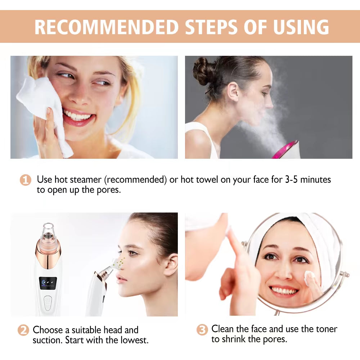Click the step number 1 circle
pyautogui.click(x=25, y=180)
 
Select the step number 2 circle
pyautogui.click(x=23, y=330)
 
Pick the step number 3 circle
pyautogui.click(x=202, y=329)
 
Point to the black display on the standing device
pyautogui.click(x=48, y=283)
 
